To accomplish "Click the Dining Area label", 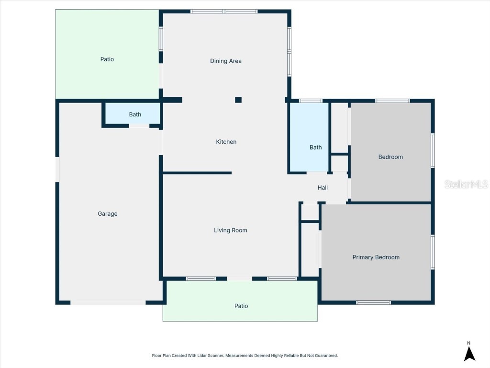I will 226,61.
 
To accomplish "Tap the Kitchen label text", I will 226,142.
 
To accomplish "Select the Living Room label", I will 231,230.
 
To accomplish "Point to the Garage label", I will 108,214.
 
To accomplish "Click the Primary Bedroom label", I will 376,257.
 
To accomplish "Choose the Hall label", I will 323,188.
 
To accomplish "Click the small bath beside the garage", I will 135,115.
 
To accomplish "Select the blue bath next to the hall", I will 315,148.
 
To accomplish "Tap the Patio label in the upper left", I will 107,59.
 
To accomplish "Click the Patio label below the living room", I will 241,306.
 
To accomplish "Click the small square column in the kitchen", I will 238,100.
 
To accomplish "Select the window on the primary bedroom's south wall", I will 374,302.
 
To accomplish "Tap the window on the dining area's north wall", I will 224,11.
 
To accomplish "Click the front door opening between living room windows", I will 239,278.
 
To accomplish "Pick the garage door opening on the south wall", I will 108,302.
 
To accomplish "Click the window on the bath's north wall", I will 311,101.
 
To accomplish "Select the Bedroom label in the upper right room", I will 390,157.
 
